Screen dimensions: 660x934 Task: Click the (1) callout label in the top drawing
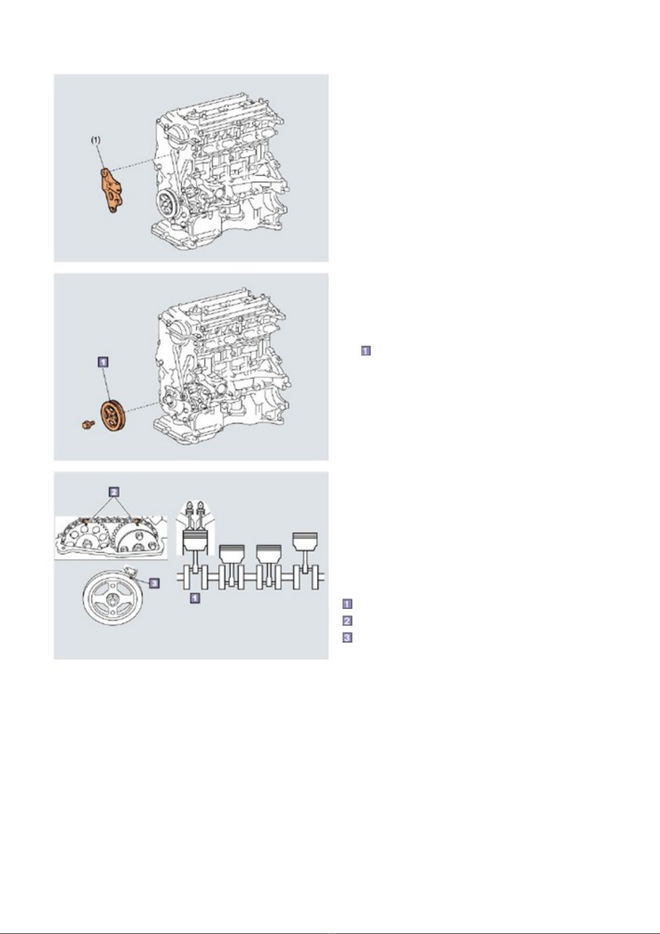point(96,140)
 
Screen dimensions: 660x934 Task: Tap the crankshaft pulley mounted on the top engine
point(167,205)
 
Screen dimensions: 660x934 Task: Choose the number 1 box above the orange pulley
point(103,361)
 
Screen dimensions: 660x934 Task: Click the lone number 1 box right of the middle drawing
point(366,351)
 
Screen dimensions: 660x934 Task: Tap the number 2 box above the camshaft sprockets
point(114,492)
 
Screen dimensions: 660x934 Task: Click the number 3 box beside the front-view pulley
point(154,583)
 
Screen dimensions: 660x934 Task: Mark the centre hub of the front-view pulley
point(112,600)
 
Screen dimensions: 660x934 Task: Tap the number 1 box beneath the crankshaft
point(195,598)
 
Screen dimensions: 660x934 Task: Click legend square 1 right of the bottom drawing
point(347,604)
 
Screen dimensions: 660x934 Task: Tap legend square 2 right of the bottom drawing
point(347,621)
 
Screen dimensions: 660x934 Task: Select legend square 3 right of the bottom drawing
point(347,638)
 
